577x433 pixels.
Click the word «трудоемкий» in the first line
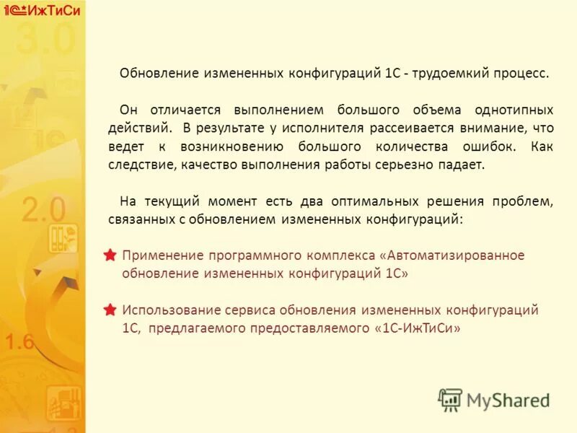tap(445, 74)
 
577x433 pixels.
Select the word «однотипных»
tap(514, 110)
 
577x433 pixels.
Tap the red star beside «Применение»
tap(110, 255)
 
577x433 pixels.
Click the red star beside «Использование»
tap(110, 310)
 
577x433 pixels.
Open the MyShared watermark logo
tap(494, 400)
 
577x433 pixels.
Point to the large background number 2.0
tap(43, 210)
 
